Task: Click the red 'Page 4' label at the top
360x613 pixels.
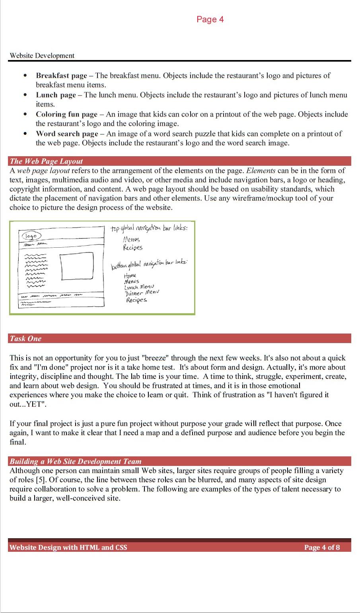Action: coord(210,19)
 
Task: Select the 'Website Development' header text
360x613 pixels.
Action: coord(42,56)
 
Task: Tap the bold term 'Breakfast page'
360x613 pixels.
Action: coord(61,76)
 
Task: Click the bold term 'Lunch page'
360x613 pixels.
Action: coord(56,95)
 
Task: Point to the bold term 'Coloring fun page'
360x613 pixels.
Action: coord(66,114)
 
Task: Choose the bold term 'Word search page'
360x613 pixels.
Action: coord(67,134)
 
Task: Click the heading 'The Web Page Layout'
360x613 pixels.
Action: coord(46,161)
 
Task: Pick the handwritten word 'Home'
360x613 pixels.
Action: coord(130,275)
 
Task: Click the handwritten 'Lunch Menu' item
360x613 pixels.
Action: coord(139,287)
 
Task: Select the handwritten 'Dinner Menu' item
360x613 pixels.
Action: coord(142,293)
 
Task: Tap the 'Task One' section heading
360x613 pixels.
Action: coord(25,339)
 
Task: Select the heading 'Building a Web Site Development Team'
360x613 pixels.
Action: coord(76,462)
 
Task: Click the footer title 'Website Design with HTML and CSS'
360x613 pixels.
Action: coord(68,547)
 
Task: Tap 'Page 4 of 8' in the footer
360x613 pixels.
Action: coord(322,547)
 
